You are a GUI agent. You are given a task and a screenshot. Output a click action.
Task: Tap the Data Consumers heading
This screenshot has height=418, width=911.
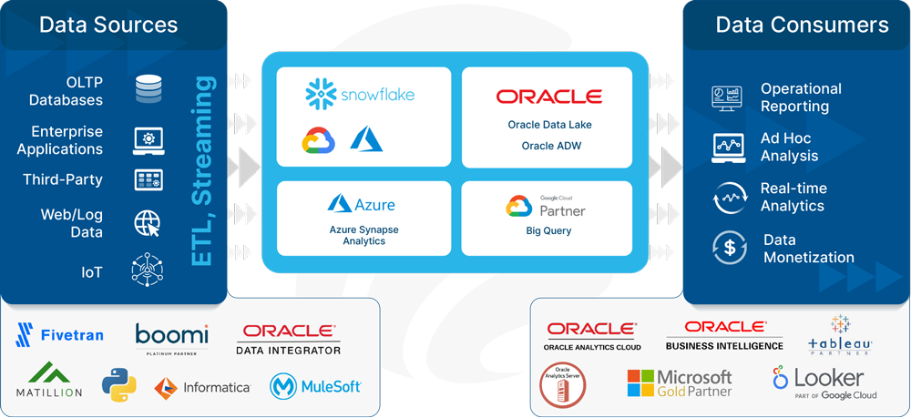(802, 25)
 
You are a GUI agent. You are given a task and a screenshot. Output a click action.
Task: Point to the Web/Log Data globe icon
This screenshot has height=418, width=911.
(148, 223)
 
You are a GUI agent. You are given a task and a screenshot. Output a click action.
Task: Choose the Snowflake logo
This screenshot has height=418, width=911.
(359, 94)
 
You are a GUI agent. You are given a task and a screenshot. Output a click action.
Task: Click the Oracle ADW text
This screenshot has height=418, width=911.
(551, 146)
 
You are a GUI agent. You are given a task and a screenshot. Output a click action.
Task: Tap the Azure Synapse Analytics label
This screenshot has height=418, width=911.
(363, 235)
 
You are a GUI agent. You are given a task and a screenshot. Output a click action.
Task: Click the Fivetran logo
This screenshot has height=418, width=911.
(60, 335)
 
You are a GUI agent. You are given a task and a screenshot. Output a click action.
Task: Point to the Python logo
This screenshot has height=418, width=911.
(118, 385)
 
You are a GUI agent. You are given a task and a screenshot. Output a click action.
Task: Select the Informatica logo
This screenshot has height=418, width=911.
(202, 387)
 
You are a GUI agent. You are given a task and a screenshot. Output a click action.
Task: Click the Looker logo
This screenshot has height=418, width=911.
(824, 382)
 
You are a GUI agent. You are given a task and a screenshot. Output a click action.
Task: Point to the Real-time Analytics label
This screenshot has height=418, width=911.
(793, 197)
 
